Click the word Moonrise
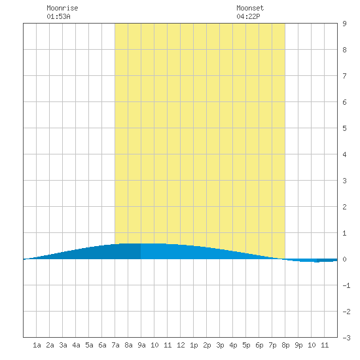[x=62, y=8]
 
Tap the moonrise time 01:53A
[x=58, y=16]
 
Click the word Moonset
[x=250, y=8]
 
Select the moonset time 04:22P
[x=248, y=16]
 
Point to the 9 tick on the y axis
[x=344, y=24]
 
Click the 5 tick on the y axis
[x=344, y=128]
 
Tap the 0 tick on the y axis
[x=344, y=259]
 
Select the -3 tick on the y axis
[x=346, y=338]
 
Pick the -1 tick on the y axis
[x=346, y=285]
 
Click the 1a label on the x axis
[x=37, y=345]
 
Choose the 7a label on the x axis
[x=115, y=345]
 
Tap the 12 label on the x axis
[x=181, y=345]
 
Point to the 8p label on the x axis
[x=285, y=345]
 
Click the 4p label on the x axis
[x=233, y=345]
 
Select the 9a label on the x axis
[x=141, y=345]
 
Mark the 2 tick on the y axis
[x=344, y=207]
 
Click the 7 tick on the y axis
[x=344, y=76]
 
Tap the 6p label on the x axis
[x=259, y=345]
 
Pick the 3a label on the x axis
[x=63, y=345]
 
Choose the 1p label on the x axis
[x=194, y=345]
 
